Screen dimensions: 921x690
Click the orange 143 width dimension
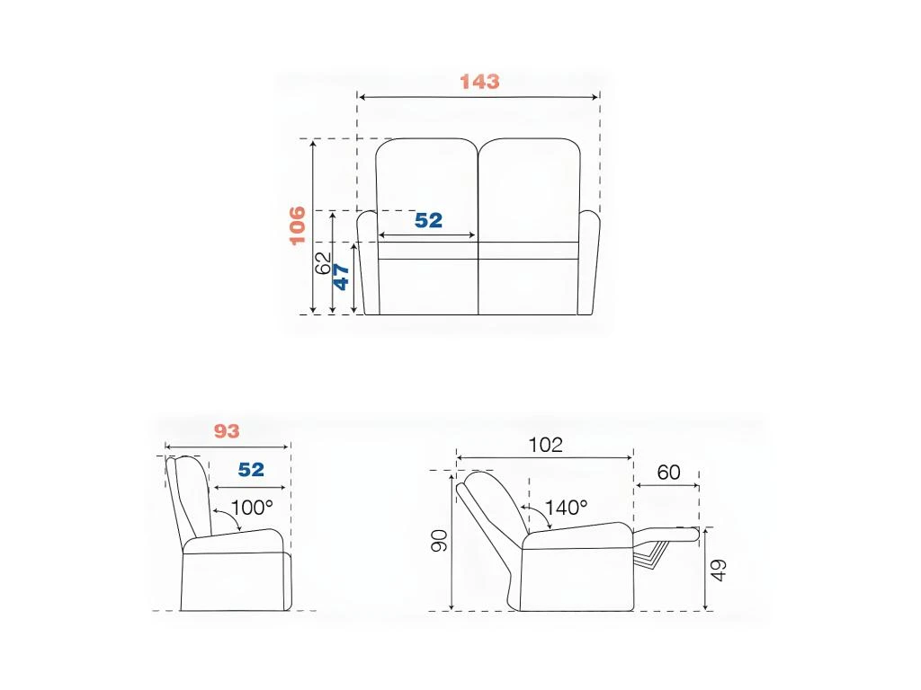(x=479, y=82)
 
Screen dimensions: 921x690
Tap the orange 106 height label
(x=297, y=225)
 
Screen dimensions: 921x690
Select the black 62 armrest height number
(x=323, y=263)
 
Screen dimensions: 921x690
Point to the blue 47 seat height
(x=341, y=277)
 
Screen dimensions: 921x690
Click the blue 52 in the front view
(x=428, y=220)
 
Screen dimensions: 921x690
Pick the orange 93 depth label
(x=226, y=431)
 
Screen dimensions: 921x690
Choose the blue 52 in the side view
(x=251, y=469)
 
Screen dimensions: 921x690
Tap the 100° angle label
(x=252, y=507)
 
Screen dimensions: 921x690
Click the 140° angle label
(x=567, y=507)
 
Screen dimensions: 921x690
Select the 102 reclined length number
(x=546, y=445)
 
